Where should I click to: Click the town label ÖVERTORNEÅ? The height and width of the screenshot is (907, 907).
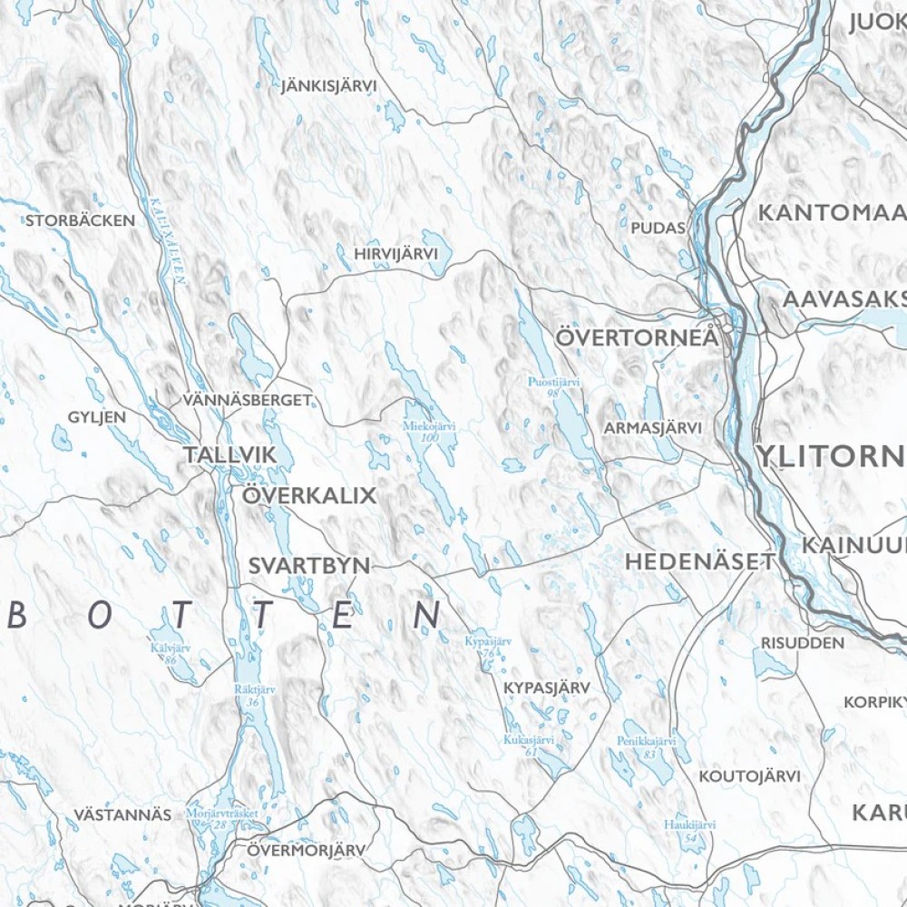coord(637,337)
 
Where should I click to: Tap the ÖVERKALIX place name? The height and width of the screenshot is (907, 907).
coord(308,496)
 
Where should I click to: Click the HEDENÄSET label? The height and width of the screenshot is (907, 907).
coord(700,562)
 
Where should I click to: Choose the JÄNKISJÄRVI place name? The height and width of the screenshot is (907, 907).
coord(328,86)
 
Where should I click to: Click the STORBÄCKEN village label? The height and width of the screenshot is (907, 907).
coord(81,220)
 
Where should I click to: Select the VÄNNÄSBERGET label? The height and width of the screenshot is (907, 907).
coord(247,399)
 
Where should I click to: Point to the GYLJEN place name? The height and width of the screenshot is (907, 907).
coord(97,417)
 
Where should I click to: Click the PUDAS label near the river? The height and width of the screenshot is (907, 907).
coord(658,228)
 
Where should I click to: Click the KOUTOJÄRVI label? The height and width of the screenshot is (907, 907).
coord(749,776)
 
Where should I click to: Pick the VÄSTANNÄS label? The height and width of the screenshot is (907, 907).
coord(123,814)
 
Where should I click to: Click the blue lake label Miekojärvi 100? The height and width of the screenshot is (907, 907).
coord(429,431)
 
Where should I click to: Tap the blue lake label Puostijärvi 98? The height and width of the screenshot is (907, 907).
coord(554,388)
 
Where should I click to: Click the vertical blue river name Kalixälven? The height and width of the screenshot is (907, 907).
coord(167,241)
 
